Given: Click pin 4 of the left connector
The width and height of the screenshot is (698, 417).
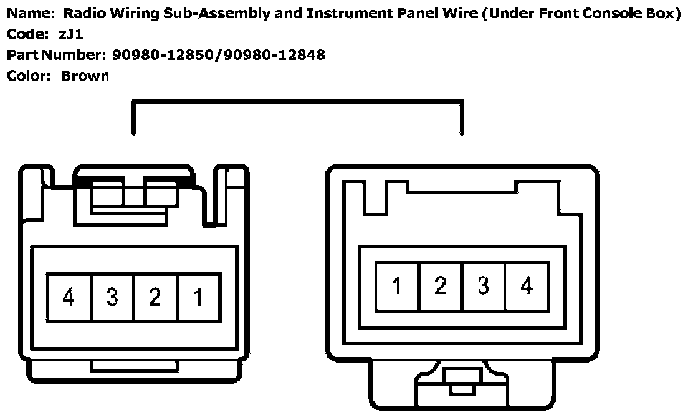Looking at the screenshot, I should pyautogui.click(x=69, y=297).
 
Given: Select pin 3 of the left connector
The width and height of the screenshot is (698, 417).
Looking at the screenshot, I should pyautogui.click(x=113, y=297).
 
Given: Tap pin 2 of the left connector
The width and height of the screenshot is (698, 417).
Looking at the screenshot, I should pyautogui.click(x=156, y=297).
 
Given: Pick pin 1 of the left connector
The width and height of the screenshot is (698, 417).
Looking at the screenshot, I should pyautogui.click(x=199, y=297).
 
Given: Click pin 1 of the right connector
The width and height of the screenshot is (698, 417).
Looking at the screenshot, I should pyautogui.click(x=397, y=286).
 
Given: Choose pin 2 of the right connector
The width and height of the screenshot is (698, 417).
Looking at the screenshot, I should pyautogui.click(x=441, y=286).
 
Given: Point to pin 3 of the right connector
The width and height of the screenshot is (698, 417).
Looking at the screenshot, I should pyautogui.click(x=484, y=286).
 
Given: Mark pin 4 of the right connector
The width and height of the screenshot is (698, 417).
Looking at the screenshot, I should pyautogui.click(x=527, y=286).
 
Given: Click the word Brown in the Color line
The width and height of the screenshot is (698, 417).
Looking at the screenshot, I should pyautogui.click(x=85, y=76).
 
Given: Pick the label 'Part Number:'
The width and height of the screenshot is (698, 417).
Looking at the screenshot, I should pyautogui.click(x=55, y=55).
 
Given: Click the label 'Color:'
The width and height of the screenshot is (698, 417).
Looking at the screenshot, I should pyautogui.click(x=29, y=76).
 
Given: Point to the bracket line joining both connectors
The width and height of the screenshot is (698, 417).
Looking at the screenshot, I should pyautogui.click(x=297, y=101).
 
